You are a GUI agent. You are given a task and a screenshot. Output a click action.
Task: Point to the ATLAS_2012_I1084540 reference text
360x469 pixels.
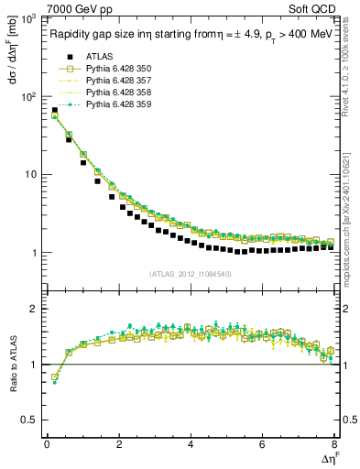point(190,273)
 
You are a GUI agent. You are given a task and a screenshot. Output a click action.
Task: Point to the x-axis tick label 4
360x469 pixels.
point(190,444)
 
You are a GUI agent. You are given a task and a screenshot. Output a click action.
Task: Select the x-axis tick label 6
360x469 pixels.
point(262,444)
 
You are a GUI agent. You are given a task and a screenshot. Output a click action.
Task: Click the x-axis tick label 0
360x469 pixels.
point(47,444)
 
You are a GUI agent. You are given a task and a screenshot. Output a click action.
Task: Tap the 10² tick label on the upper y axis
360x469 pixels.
point(29,96)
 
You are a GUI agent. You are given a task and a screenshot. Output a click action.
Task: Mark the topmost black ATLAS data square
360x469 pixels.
point(54,111)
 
